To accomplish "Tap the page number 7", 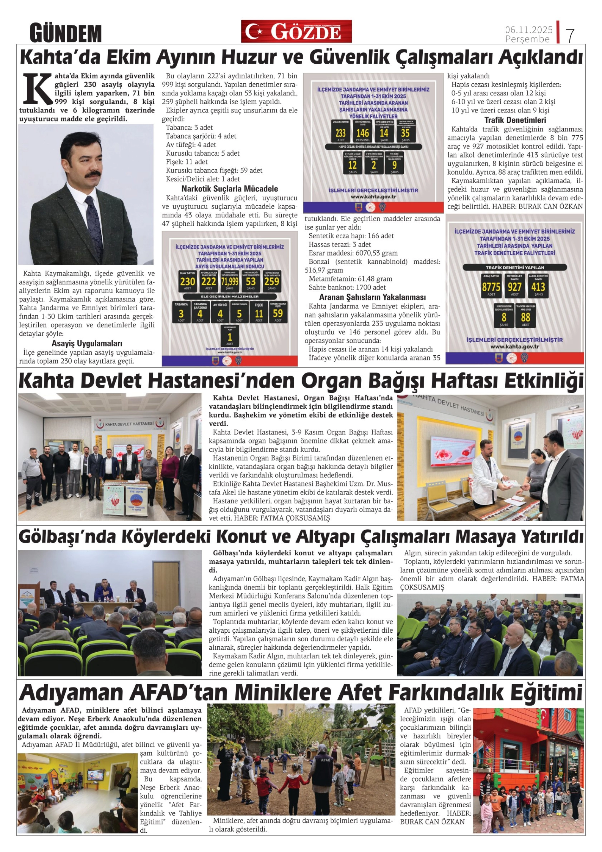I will (570, 35).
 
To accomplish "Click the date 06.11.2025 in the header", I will (528, 29).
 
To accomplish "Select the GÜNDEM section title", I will (66, 33).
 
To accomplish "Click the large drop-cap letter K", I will (36, 88).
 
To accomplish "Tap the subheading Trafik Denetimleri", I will (515, 120).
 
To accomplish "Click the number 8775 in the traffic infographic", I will (491, 287).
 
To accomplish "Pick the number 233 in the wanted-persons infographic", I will (341, 133).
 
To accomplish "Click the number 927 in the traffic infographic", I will (515, 287).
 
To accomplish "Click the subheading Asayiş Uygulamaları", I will (87, 343).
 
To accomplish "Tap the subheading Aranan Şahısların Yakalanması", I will (372, 297).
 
